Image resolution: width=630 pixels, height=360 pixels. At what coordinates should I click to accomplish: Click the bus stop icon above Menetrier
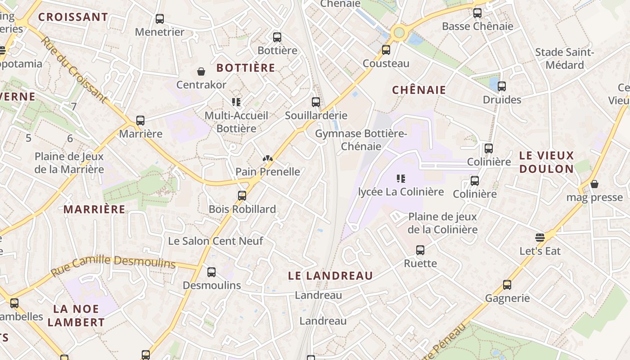click(x=160, y=19)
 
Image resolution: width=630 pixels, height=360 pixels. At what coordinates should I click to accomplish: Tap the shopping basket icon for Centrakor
click(x=201, y=72)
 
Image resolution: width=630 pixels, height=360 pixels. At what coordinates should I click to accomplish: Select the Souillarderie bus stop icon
click(x=316, y=102)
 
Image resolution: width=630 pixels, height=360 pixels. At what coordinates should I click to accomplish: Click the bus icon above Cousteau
click(x=386, y=50)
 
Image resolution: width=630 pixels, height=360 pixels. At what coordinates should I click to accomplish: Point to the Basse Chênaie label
click(x=477, y=26)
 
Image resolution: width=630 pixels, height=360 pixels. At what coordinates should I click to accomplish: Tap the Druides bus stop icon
click(x=502, y=86)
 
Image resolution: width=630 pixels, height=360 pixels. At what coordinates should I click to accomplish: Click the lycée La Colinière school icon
click(x=401, y=179)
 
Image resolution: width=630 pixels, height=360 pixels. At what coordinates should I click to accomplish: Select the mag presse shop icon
click(x=594, y=184)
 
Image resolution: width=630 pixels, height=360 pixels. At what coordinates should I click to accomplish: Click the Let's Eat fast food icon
click(x=540, y=237)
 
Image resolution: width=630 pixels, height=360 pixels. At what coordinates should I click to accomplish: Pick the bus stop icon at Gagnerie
click(x=507, y=285)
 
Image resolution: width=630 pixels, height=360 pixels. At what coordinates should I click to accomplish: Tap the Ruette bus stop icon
click(x=420, y=250)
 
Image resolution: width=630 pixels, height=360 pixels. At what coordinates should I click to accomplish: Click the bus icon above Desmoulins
click(x=211, y=272)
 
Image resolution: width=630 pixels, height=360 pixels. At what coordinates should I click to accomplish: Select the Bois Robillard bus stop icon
click(x=242, y=196)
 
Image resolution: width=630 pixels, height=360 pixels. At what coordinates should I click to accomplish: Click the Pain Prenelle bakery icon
click(x=267, y=158)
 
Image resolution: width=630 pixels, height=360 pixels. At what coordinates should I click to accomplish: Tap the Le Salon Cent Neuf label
click(x=216, y=241)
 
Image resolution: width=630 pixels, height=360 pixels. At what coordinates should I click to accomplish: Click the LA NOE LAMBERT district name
click(x=76, y=315)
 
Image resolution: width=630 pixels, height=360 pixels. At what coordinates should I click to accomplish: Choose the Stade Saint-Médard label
click(x=564, y=58)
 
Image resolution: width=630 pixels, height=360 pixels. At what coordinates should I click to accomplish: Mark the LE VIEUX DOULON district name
click(x=547, y=162)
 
